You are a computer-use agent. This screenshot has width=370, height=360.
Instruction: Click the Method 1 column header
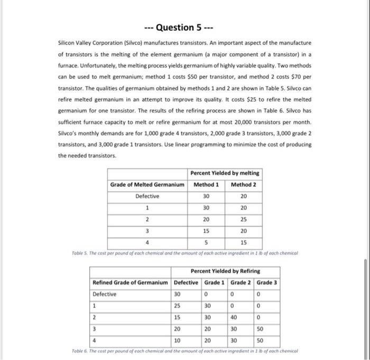(x=206, y=184)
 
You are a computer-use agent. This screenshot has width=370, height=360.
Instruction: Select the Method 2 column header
(x=243, y=184)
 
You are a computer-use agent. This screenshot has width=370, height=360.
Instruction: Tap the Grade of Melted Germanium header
(x=147, y=184)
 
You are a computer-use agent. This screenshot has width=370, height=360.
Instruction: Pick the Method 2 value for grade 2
(x=243, y=219)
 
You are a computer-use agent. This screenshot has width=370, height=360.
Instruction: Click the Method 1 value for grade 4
(x=206, y=242)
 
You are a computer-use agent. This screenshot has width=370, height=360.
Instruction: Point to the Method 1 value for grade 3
(x=206, y=231)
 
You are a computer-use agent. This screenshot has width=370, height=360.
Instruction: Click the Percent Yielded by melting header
(x=225, y=173)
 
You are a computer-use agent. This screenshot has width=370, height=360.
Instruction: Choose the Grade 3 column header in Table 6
(x=267, y=282)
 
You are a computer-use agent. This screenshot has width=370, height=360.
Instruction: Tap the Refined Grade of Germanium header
(x=131, y=282)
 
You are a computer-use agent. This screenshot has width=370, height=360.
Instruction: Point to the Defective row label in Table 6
(x=104, y=293)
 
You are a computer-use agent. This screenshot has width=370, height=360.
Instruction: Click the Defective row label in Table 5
(x=147, y=196)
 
